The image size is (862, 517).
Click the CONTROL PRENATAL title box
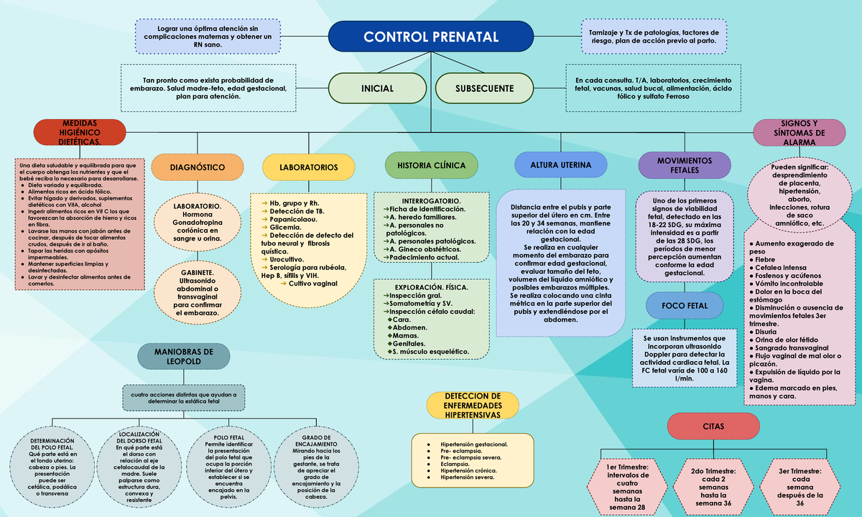(x=430, y=37)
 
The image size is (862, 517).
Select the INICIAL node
(x=377, y=88)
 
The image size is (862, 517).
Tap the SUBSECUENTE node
(x=484, y=88)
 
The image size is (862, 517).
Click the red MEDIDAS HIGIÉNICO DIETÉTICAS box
(x=79, y=133)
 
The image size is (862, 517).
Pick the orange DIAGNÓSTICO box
(x=197, y=167)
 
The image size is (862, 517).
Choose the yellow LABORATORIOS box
(x=308, y=167)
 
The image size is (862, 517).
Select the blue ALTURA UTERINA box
(x=561, y=165)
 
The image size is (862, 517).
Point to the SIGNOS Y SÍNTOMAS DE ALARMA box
(x=799, y=133)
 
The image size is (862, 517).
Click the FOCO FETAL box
(x=685, y=306)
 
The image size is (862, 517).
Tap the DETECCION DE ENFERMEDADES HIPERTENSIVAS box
(x=472, y=406)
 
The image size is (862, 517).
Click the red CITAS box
(x=713, y=427)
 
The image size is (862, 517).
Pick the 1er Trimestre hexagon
(x=627, y=487)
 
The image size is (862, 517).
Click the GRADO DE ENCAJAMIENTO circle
(x=316, y=467)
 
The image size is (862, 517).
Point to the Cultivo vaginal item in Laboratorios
(x=312, y=284)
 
